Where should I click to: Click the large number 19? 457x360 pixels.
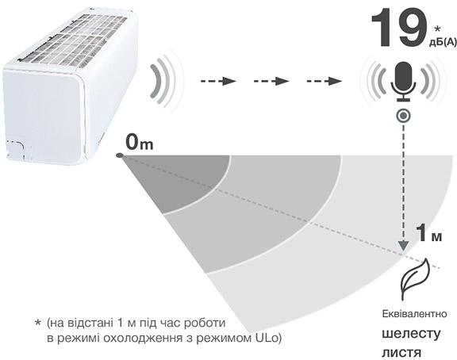[x=400, y=28]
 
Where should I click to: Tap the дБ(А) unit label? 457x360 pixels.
[x=443, y=42]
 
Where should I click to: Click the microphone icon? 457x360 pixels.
[x=403, y=81]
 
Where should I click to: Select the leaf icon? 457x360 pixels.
[x=415, y=279]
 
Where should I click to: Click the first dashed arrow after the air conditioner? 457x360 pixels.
[x=218, y=81]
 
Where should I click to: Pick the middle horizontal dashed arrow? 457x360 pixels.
[x=271, y=81]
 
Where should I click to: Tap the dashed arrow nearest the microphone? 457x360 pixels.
[x=324, y=81]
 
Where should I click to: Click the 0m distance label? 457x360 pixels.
[x=140, y=143]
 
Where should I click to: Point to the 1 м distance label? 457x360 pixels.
[x=430, y=233]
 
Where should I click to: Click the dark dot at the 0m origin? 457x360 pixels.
[x=120, y=156]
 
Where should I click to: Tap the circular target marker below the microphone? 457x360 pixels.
[x=403, y=116]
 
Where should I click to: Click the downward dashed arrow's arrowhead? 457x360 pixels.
[x=403, y=245]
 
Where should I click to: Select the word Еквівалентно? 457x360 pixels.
[x=414, y=314]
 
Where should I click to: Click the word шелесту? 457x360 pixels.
[x=411, y=335]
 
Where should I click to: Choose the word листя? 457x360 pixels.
[x=401, y=352]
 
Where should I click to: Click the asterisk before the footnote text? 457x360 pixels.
[x=37, y=323]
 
